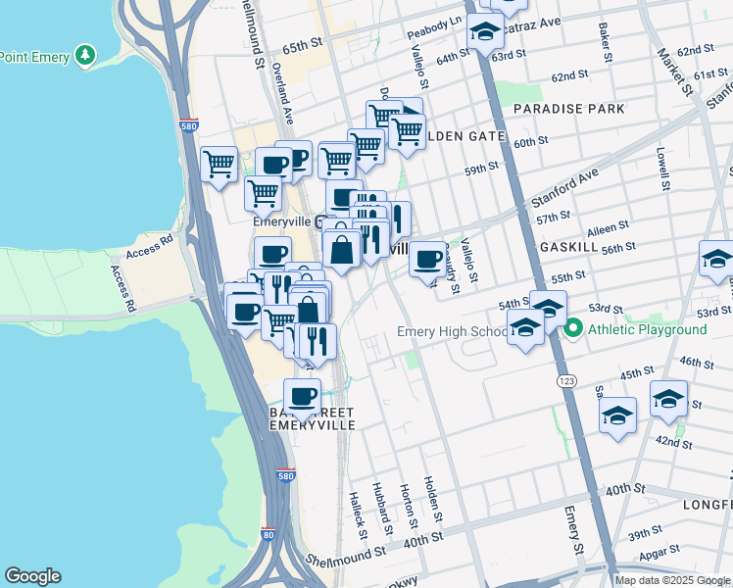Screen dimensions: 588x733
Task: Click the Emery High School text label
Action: tap(452, 332)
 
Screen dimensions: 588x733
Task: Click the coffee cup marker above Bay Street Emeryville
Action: tap(302, 396)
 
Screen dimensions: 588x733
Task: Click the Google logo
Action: tap(32, 576)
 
